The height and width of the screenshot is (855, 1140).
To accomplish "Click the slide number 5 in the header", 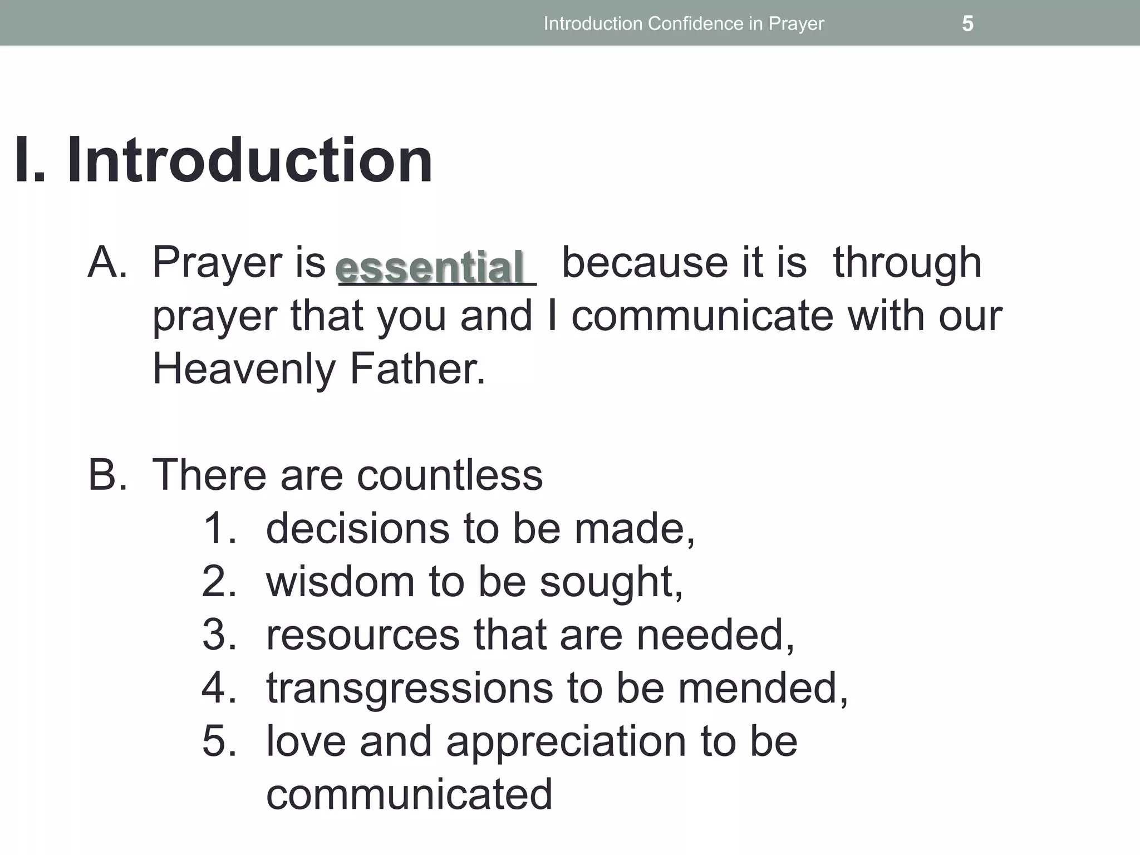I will pyautogui.click(x=967, y=23).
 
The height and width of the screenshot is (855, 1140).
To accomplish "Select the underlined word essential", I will pyautogui.click(x=430, y=267).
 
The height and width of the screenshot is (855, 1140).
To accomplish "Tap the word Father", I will pyautogui.click(x=417, y=368).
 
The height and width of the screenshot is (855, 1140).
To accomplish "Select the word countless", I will pyautogui.click(x=449, y=475).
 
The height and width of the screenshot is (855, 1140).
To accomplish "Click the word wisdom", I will pyautogui.click(x=340, y=581).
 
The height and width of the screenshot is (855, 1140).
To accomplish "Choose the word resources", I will pyautogui.click(x=362, y=635).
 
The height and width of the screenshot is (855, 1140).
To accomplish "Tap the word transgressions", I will pyautogui.click(x=409, y=689).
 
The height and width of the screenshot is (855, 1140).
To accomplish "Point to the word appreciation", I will pyautogui.click(x=566, y=742).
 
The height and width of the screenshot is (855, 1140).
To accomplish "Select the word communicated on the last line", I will pyautogui.click(x=409, y=794).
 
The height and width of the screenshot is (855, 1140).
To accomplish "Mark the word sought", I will pyautogui.click(x=611, y=582).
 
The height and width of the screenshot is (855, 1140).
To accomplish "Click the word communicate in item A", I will pyautogui.click(x=702, y=315).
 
